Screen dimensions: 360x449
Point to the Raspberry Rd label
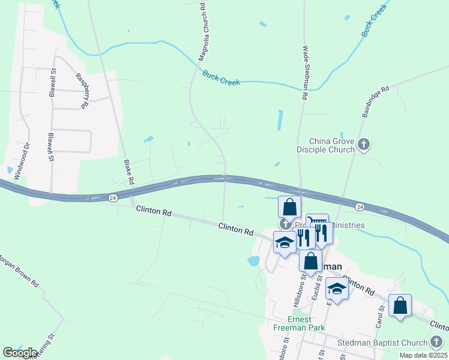(x=82, y=90)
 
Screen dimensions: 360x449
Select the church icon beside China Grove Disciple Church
(x=364, y=144)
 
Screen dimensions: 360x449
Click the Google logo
(x=20, y=353)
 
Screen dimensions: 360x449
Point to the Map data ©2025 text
(x=423, y=355)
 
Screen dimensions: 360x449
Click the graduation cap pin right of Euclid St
(x=337, y=289)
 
